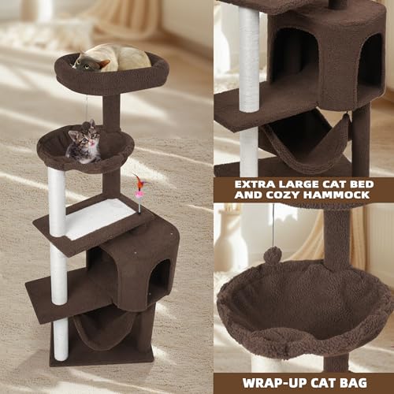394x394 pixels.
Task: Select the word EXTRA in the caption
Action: coord(250,186)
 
